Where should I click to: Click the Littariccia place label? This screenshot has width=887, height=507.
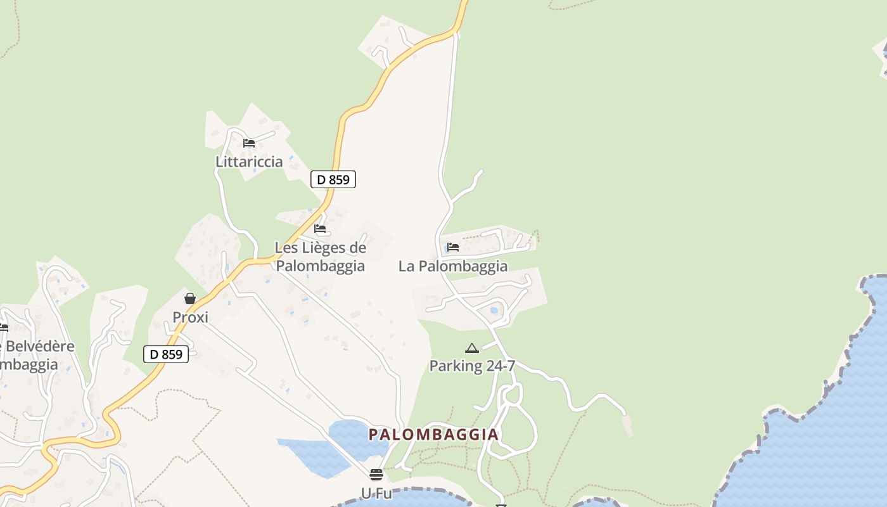pyautogui.click(x=249, y=162)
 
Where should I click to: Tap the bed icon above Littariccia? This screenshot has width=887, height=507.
pyautogui.click(x=249, y=143)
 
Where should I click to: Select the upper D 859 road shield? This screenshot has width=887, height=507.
pyautogui.click(x=333, y=179)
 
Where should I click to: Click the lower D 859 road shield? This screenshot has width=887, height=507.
pyautogui.click(x=166, y=354)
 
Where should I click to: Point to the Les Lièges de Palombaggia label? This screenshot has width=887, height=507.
pyautogui.click(x=320, y=257)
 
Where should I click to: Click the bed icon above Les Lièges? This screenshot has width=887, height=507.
pyautogui.click(x=320, y=229)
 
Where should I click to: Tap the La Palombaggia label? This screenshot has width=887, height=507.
pyautogui.click(x=453, y=266)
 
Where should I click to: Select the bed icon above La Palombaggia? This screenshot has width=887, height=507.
pyautogui.click(x=453, y=247)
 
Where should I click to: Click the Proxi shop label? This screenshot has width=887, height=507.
pyautogui.click(x=190, y=318)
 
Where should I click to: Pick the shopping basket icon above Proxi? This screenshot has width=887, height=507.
pyautogui.click(x=190, y=298)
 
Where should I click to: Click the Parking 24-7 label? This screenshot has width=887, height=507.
pyautogui.click(x=472, y=366)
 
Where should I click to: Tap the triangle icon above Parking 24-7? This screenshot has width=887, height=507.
pyautogui.click(x=472, y=348)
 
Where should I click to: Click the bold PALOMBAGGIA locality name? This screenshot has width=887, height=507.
pyautogui.click(x=434, y=435)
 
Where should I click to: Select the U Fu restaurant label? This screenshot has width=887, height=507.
pyautogui.click(x=376, y=493)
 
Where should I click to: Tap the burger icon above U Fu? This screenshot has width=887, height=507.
pyautogui.click(x=376, y=475)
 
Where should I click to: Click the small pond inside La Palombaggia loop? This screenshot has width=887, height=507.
pyautogui.click(x=494, y=311)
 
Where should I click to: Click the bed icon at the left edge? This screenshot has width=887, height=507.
pyautogui.click(x=3, y=328)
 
